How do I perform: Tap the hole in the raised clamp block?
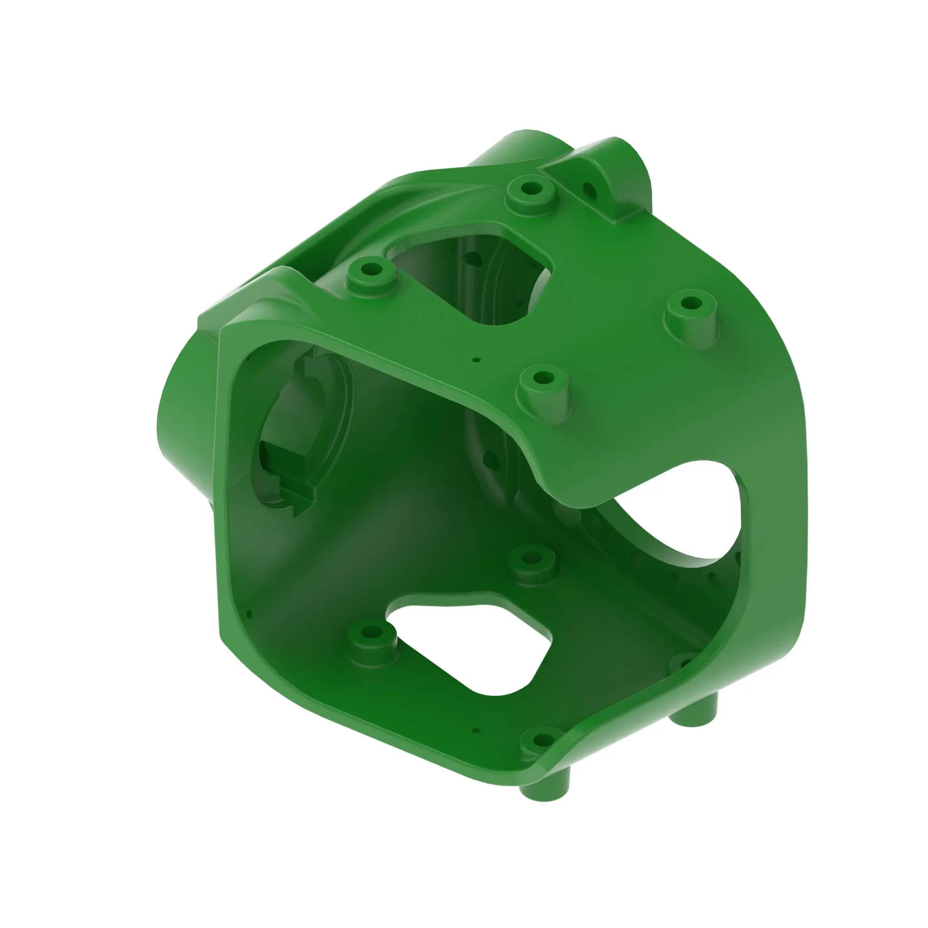(x=589, y=191)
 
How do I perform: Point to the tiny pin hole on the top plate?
(x=476, y=359)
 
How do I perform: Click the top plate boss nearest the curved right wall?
(x=691, y=306)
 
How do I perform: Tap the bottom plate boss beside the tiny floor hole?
(x=541, y=740)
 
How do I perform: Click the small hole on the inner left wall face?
(x=249, y=614)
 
